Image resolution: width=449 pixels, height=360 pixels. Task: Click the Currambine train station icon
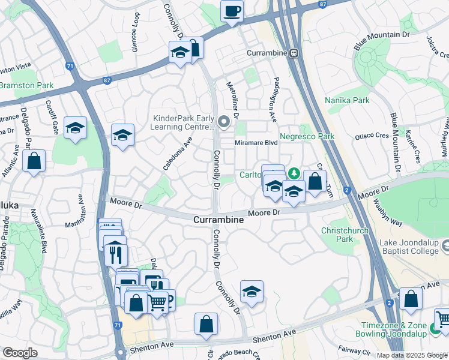[294, 53]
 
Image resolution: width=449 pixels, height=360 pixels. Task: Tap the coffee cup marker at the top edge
[232, 11]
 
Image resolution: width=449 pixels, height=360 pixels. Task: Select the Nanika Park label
[347, 100]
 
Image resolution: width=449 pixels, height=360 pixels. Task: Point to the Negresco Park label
[307, 137]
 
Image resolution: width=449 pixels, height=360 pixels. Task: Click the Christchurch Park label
[345, 235]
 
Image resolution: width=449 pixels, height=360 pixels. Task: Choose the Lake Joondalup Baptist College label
[402, 245]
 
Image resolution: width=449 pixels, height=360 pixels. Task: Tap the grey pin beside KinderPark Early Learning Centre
[224, 122]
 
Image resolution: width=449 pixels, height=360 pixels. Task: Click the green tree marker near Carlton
[294, 174]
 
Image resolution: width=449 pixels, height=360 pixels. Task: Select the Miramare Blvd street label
[257, 143]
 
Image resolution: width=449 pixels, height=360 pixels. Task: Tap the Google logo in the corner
[20, 353]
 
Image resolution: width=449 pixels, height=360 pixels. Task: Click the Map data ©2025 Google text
[411, 355]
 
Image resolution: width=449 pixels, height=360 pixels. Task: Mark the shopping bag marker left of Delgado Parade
[34, 161]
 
